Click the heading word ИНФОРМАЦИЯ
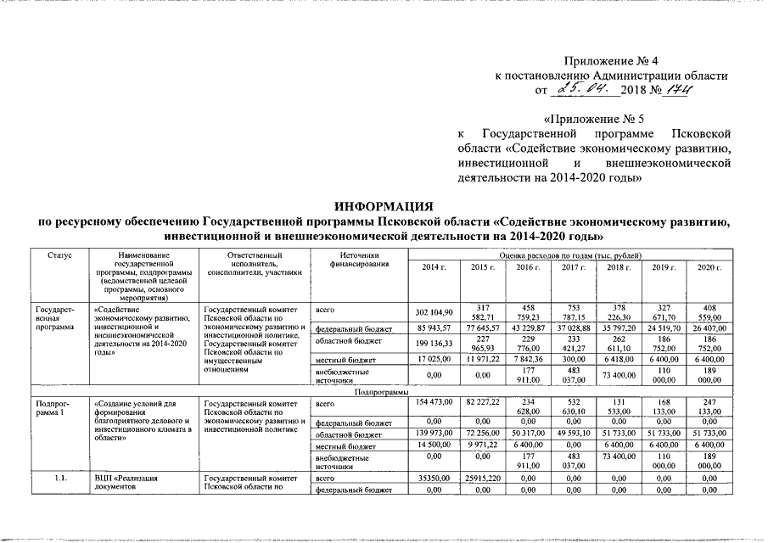click(384, 206)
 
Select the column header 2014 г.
click(434, 268)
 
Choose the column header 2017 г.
click(570, 268)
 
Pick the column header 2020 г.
click(707, 268)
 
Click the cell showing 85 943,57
click(434, 327)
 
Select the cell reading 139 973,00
click(434, 434)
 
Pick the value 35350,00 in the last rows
click(434, 479)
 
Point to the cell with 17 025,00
click(434, 360)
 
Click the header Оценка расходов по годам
click(570, 255)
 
